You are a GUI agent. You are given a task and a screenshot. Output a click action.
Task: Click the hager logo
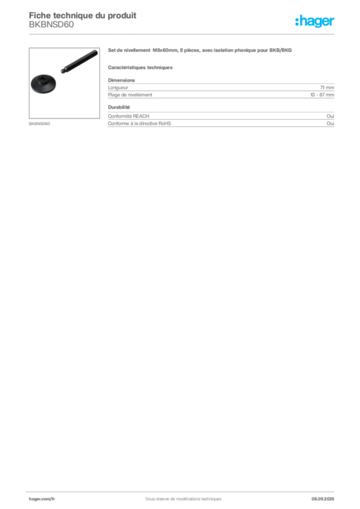[314, 21]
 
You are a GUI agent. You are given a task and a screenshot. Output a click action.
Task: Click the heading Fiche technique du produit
[83, 15]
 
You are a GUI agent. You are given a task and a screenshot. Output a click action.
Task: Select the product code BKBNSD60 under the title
[51, 25]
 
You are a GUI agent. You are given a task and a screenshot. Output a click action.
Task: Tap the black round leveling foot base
[43, 84]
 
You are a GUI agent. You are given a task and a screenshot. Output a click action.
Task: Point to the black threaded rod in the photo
[79, 61]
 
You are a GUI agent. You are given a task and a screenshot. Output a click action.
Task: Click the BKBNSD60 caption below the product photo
[39, 124]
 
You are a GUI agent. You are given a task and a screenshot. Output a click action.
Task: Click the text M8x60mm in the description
[165, 50]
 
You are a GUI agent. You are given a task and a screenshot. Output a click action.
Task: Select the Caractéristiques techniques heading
[140, 68]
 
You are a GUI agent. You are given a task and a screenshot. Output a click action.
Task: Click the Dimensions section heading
[121, 80]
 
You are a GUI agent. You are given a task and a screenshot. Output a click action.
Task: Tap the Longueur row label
[118, 87]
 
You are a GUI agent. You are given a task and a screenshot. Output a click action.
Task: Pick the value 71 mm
[327, 87]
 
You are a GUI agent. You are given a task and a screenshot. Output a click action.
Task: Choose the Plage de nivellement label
[130, 95]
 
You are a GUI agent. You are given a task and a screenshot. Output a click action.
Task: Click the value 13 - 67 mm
[322, 95]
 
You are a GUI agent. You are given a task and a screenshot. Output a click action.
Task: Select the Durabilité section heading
[119, 107]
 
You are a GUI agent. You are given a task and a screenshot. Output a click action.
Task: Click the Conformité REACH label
[129, 116]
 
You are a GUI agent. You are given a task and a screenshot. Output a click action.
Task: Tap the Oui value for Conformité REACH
[330, 116]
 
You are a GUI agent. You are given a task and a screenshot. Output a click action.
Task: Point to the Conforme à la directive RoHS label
[140, 123]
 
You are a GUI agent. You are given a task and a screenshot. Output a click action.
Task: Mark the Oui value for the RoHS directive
[330, 123]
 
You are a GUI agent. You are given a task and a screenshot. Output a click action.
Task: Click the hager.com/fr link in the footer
[42, 499]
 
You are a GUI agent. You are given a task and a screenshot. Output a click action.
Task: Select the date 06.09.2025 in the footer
[323, 499]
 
